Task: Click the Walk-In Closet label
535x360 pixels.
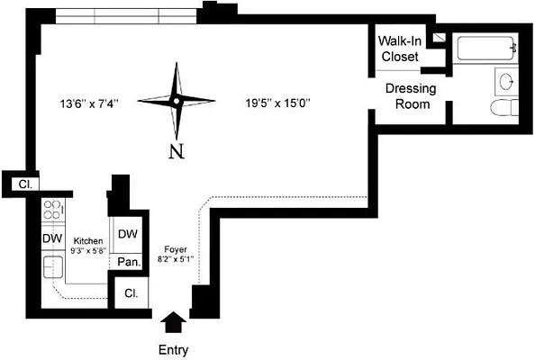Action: pos(400,49)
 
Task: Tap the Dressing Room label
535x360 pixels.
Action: pos(411,96)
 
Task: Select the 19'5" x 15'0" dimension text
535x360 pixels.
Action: pos(277,103)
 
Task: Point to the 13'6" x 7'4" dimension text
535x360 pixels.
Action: pos(89,103)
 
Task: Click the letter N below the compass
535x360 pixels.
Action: pos(177,151)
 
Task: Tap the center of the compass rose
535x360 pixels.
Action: pos(176,101)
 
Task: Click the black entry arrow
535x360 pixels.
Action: pos(174,322)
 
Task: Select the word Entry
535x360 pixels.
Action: pos(173,350)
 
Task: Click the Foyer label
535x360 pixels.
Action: pos(176,249)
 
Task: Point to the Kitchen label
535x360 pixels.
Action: pos(88,241)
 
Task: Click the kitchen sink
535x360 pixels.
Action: pos(53,267)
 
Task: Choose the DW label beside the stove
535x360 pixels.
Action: pos(52,238)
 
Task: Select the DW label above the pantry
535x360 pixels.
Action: pos(128,234)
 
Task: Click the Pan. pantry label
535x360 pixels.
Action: pos(129,262)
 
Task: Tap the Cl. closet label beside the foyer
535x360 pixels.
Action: pos(131,293)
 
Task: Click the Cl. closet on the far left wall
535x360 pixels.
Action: pos(25,184)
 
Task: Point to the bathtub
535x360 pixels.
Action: pos(485,48)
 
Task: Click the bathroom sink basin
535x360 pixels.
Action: pos(507,82)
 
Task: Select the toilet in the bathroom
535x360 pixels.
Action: pos(504,108)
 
